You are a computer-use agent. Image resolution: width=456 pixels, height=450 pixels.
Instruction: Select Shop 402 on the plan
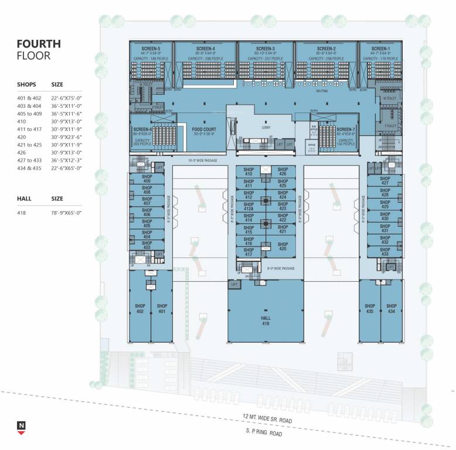[x=139, y=309]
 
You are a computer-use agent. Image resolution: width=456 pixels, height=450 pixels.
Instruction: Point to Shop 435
[x=369, y=309]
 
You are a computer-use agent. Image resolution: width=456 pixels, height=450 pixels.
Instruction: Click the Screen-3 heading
[x=265, y=49]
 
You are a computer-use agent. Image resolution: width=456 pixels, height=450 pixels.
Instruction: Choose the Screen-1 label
[x=380, y=49]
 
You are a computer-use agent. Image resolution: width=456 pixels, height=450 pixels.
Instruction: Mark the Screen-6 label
[x=142, y=129]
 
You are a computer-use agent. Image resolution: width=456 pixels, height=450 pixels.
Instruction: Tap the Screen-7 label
[x=346, y=129]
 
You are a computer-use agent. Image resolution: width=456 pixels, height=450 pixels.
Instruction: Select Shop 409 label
[x=147, y=178]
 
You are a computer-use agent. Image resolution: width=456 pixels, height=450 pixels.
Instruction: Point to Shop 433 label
[x=384, y=251]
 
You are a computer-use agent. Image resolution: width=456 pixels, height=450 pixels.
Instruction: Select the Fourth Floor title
[x=39, y=50]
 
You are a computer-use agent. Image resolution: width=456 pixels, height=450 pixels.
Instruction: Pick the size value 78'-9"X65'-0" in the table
[x=66, y=212]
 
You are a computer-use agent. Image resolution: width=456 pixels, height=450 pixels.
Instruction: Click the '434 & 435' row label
[x=29, y=175]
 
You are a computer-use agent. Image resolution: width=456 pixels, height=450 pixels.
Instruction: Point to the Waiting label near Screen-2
[x=322, y=91]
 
